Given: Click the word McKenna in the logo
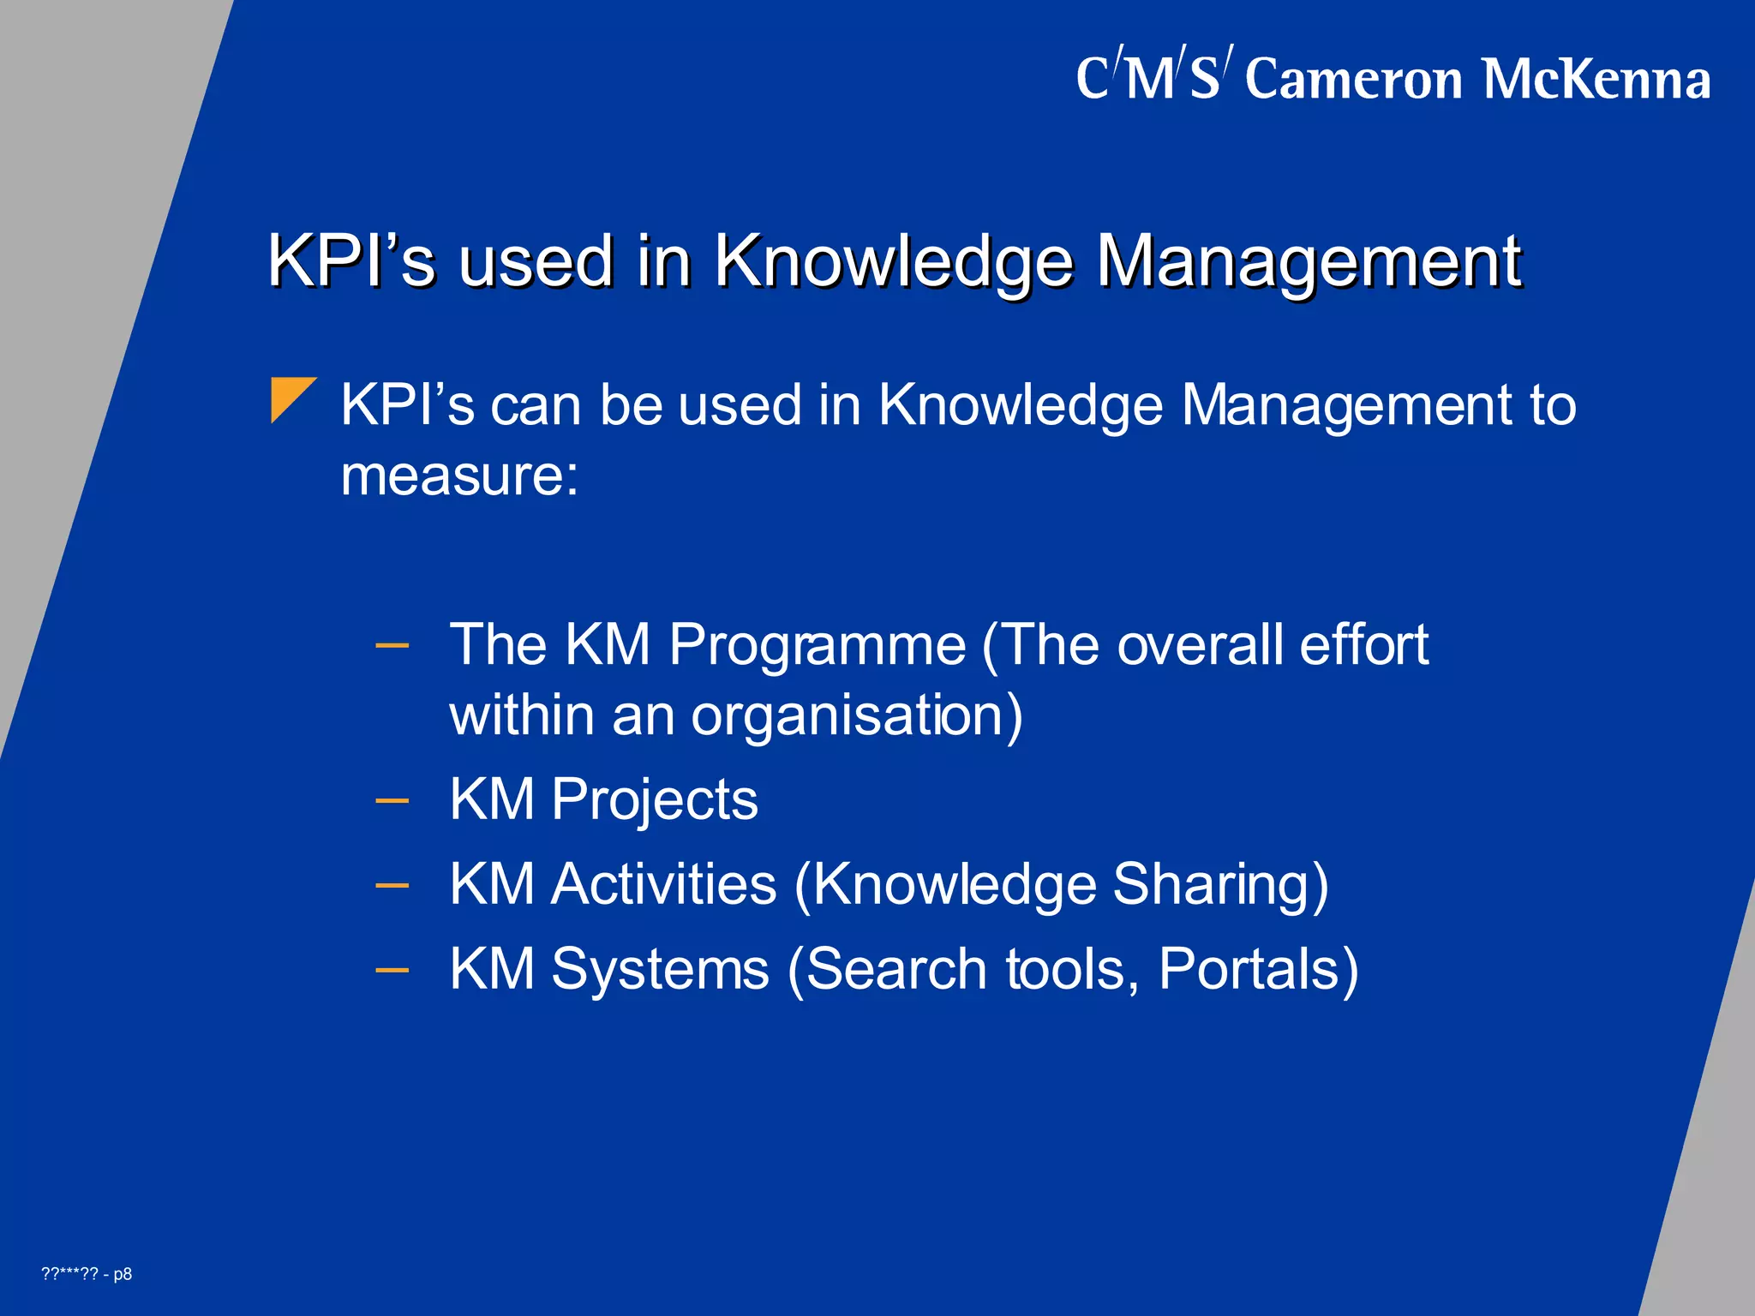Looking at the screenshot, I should [x=1596, y=80].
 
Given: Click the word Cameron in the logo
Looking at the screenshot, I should [x=1353, y=80].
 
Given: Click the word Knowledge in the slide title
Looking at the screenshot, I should [x=894, y=261].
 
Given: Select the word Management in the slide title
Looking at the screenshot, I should [x=1309, y=261].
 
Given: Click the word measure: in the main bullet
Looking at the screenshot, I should [x=459, y=476].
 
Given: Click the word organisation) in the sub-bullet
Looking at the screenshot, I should [x=856, y=715].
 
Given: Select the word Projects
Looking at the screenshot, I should [x=654, y=799].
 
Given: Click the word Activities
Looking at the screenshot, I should [x=663, y=884].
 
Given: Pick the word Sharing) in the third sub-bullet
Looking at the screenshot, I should [x=1220, y=884].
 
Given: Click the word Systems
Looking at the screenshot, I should [x=660, y=969].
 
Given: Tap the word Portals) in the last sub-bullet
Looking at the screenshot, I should [x=1258, y=969].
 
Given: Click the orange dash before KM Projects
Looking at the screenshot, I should [x=392, y=801].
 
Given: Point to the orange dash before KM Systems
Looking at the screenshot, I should [x=392, y=971].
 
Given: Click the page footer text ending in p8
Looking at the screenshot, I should [x=87, y=1274].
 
